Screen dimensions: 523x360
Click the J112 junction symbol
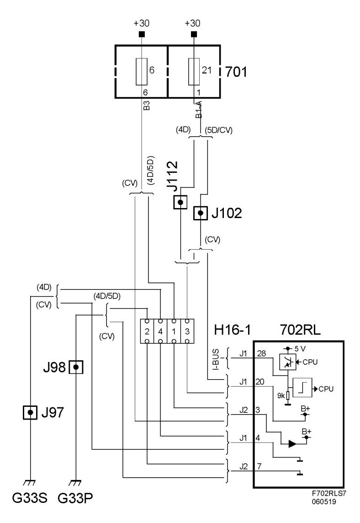click(x=180, y=202)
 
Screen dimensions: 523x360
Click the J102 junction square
click(x=200, y=213)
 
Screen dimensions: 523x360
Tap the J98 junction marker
click(x=76, y=367)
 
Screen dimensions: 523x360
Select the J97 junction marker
click(x=30, y=413)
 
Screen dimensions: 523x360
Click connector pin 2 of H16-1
click(x=147, y=331)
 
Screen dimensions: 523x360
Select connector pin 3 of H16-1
click(x=188, y=331)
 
